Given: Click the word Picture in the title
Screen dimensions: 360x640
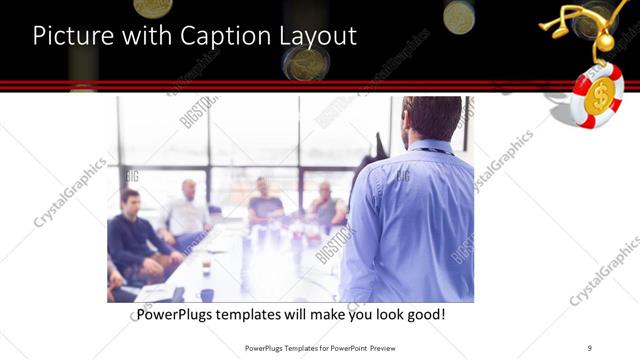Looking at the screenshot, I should coord(68,37).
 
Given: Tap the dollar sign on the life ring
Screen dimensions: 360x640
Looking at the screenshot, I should coord(599,96).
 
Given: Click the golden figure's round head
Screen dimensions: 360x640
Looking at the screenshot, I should coord(605,43).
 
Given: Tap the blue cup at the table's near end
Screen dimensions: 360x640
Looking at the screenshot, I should coord(207,294).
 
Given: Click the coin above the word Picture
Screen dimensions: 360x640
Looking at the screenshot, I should coord(153,7).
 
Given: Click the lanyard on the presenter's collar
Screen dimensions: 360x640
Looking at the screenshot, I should coord(435,150).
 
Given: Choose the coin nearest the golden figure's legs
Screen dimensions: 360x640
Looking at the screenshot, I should coord(459,16).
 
